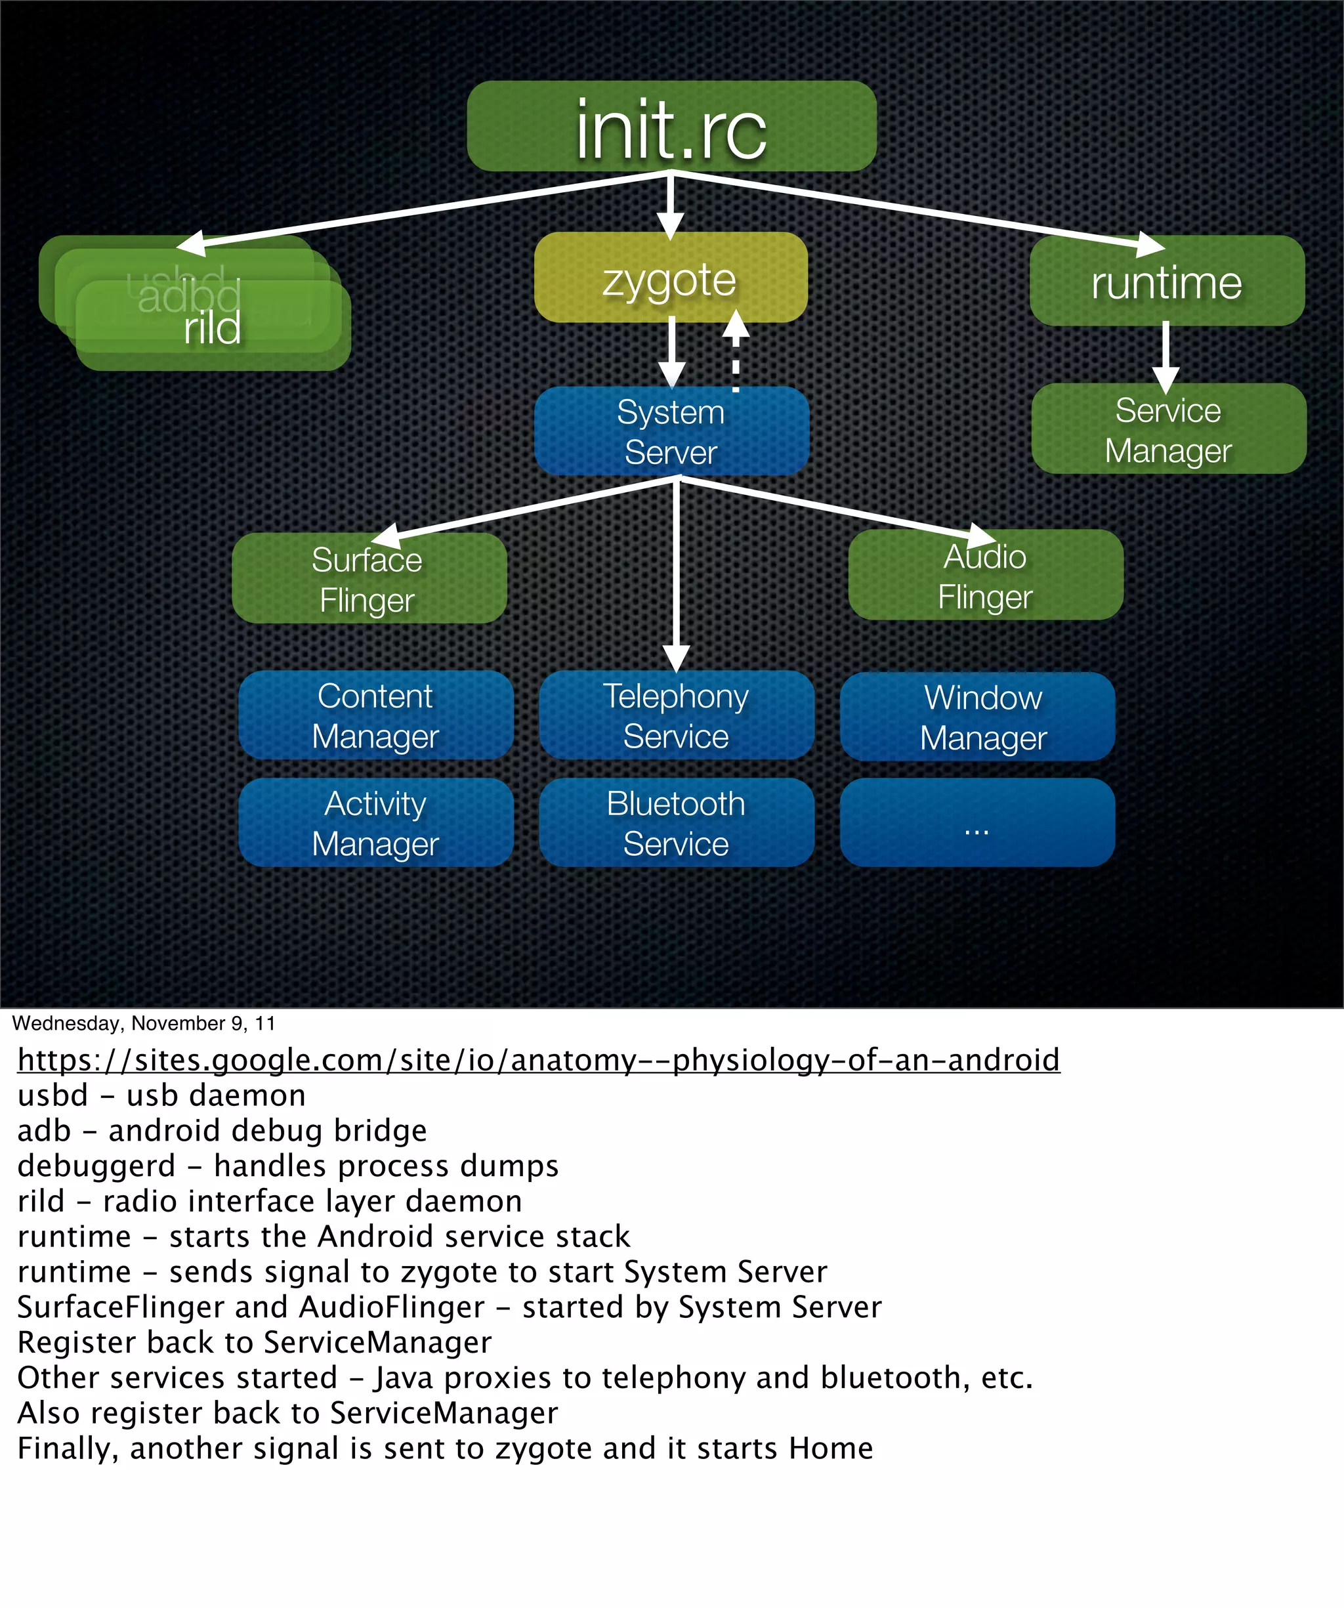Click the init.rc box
point(671,126)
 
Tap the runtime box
point(1166,282)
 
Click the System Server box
point(671,431)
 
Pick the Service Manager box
point(1168,429)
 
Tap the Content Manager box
point(375,715)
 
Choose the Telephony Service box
point(676,715)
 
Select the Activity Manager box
point(375,823)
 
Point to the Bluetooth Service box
point(676,823)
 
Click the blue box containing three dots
point(977,823)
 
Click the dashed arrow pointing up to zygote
point(736,352)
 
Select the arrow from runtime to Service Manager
point(1165,356)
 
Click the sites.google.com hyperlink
point(538,1060)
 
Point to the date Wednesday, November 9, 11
point(143,1024)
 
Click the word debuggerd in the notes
point(96,1166)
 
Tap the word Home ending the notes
point(831,1449)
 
